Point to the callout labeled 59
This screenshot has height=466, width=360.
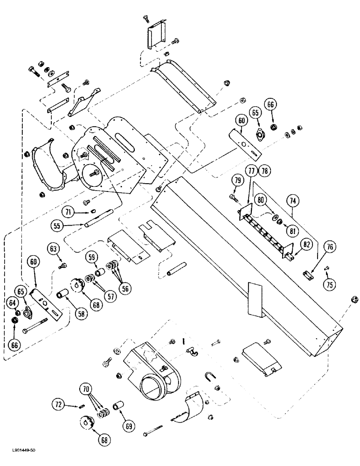click(x=91, y=257)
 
